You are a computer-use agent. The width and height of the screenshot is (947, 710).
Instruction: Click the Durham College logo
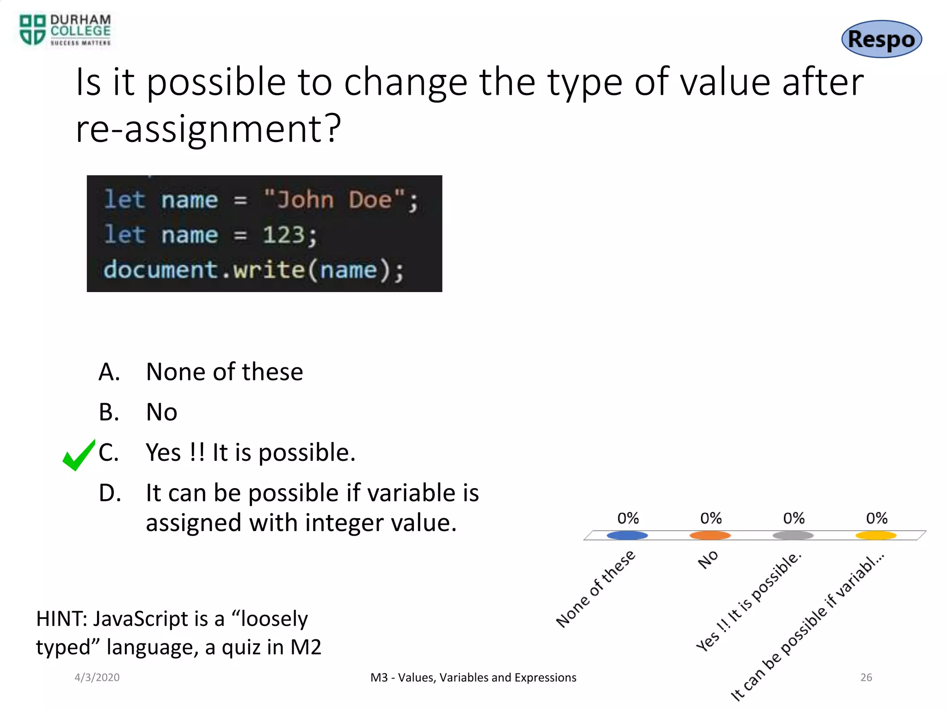coord(65,30)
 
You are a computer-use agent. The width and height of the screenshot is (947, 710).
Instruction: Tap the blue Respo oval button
coord(881,39)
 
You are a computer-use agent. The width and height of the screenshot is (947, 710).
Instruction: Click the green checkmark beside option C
coord(78,455)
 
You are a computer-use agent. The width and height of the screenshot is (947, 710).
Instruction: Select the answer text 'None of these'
coord(224,372)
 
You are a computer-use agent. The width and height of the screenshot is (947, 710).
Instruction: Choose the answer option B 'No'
coord(161,412)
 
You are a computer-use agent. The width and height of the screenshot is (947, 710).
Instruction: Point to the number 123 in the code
coord(283,235)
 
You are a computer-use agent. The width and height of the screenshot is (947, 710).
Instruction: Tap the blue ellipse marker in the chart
coord(627,535)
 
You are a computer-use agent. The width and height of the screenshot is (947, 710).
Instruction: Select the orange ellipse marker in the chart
coord(710,535)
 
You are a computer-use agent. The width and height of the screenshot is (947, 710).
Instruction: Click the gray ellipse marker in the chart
coord(793,535)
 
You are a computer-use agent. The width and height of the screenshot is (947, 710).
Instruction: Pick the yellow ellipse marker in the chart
coord(876,535)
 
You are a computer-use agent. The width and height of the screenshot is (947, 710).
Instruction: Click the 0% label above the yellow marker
coord(876,518)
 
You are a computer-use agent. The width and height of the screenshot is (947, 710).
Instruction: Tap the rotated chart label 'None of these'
coord(596,589)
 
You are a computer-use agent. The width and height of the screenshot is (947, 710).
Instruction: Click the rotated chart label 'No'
coord(708,559)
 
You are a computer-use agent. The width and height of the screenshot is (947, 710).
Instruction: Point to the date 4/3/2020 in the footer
coord(97,677)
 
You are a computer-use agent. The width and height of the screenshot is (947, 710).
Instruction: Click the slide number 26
coord(866,677)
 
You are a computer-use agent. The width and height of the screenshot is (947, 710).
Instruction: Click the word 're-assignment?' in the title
coord(208,129)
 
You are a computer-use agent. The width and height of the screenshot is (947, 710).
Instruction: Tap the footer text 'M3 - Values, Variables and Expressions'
coord(473,677)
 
